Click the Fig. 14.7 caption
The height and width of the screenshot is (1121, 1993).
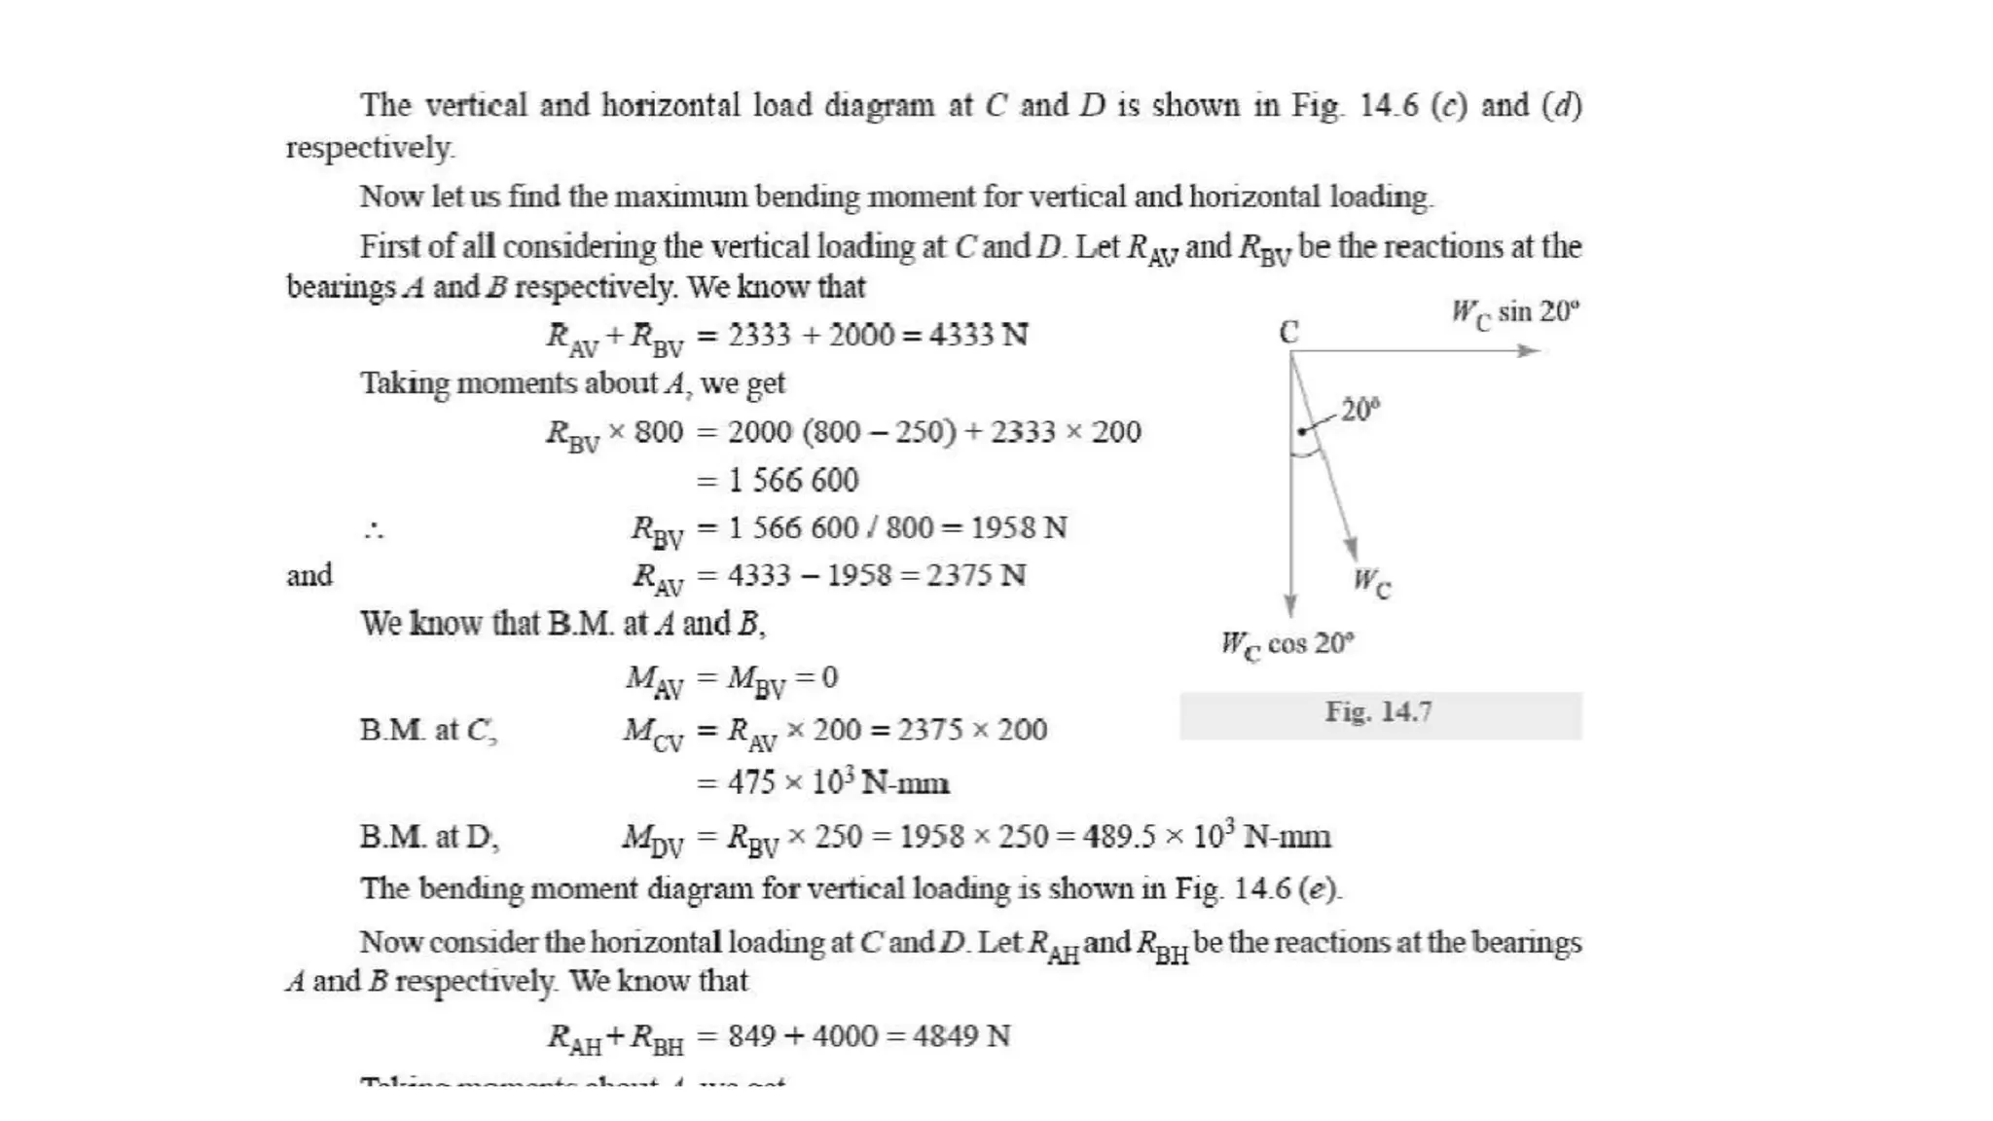(1378, 712)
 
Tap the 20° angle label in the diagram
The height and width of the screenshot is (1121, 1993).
(1360, 410)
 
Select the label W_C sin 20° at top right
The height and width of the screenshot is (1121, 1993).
(1514, 313)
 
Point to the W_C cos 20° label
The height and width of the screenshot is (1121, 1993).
(1286, 644)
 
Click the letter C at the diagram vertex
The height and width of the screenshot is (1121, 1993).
(1288, 333)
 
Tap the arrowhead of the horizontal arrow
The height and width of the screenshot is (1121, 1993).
(1530, 350)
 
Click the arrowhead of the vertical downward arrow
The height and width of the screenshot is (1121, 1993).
(1290, 605)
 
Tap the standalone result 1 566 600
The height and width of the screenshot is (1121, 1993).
(793, 480)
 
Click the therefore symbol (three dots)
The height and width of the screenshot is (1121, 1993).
(374, 530)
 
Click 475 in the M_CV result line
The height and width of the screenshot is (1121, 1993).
(751, 782)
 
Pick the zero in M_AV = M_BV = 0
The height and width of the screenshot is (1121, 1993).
(829, 677)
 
